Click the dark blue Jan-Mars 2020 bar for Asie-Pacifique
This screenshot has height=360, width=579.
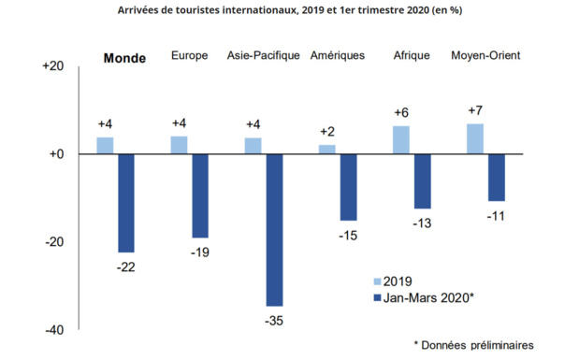tap(274, 230)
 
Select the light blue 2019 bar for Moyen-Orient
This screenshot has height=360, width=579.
tap(475, 138)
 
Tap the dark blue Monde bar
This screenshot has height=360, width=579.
tap(125, 203)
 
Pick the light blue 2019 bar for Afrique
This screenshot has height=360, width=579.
tap(400, 140)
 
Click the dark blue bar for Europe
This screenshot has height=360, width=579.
tap(200, 196)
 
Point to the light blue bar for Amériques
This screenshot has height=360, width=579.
tap(326, 150)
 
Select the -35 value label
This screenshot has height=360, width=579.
tap(273, 321)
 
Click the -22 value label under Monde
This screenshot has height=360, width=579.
tap(125, 267)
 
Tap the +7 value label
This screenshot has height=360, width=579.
tap(475, 111)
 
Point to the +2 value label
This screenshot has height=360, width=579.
tap(327, 132)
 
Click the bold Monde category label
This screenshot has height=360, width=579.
tap(123, 58)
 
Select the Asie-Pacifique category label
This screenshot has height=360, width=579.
tap(264, 56)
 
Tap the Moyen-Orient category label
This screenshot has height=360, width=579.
tap(485, 56)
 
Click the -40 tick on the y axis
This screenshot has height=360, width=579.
tap(51, 330)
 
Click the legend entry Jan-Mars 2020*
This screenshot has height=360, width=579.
tap(426, 297)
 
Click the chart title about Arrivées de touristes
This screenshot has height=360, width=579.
tap(289, 10)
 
